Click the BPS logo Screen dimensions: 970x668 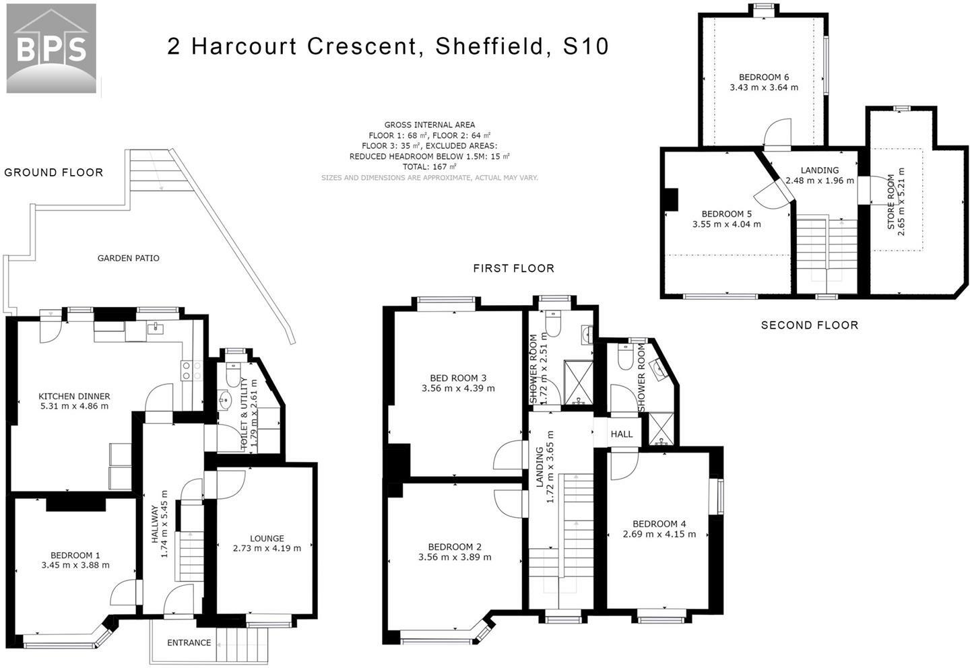tap(51, 48)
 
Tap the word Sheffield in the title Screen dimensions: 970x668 tap(489, 46)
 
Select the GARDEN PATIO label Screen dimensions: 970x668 tap(128, 258)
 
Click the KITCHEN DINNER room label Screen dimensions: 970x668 tap(74, 396)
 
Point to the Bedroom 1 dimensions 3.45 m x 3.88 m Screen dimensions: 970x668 tap(75, 565)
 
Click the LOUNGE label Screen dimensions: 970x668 tap(267, 538)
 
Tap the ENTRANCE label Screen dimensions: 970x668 tap(189, 642)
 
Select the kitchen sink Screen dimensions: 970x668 tap(155, 329)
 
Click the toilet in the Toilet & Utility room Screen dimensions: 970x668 tap(233, 374)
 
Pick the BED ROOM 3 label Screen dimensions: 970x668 tap(458, 378)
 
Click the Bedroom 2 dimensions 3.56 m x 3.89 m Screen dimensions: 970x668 tap(455, 557)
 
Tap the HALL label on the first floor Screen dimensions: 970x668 tap(621, 434)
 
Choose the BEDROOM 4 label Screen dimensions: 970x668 tap(659, 524)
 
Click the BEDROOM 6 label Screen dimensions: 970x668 tap(764, 77)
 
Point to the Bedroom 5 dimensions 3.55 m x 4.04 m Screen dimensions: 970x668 tap(727, 224)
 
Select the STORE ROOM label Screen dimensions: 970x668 tap(891, 202)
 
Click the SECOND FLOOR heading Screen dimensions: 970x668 tap(810, 325)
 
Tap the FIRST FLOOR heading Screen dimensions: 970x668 tap(513, 269)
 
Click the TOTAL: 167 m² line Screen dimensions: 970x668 tap(430, 167)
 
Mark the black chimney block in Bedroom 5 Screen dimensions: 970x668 tap(671, 199)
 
